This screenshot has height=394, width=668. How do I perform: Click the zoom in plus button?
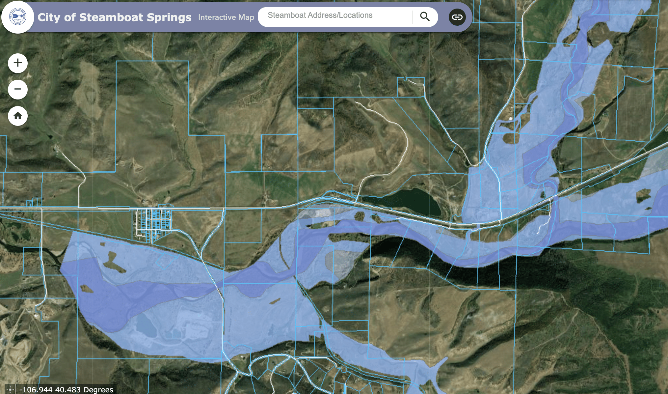point(18,63)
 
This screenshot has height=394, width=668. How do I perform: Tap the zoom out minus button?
point(18,89)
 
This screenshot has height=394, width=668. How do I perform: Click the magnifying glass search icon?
point(425,17)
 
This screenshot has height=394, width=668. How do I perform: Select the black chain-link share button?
point(457,17)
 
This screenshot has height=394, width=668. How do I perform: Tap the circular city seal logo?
point(18,17)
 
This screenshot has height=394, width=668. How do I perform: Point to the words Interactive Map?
point(226,17)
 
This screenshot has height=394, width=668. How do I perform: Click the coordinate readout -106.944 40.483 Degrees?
point(66,390)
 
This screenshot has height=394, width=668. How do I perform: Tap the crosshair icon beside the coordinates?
point(10,390)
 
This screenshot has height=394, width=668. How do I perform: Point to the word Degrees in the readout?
point(98,390)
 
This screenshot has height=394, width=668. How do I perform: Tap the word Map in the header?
point(246,17)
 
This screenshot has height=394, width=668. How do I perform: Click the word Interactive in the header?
point(217,17)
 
